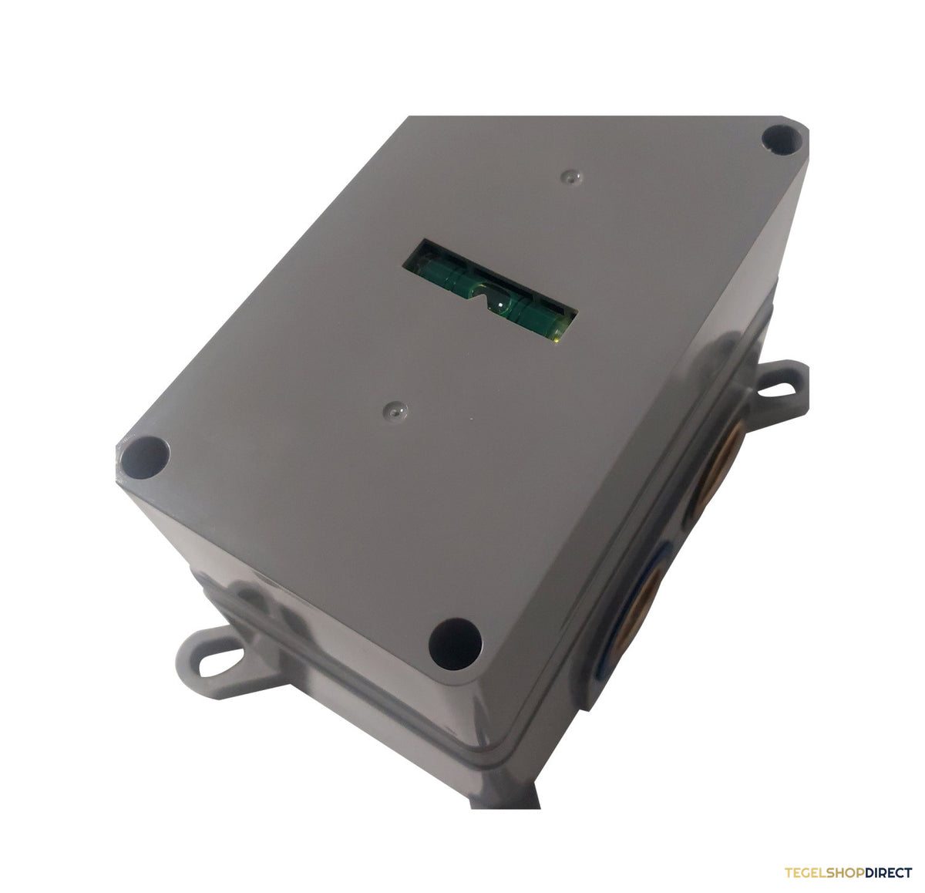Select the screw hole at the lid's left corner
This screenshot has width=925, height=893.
145,457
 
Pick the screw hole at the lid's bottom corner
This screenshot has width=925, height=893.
455,645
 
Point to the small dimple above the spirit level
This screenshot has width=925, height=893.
571,177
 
